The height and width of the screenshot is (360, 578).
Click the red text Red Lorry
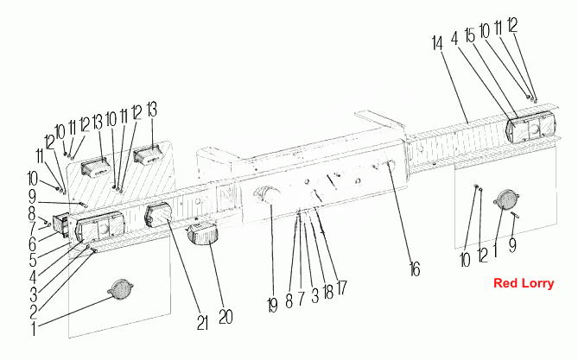524,283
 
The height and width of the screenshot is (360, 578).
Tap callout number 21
202,323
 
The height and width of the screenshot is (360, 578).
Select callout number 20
225,317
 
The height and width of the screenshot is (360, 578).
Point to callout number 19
272,306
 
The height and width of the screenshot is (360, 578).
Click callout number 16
415,269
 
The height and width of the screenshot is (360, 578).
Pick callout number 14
437,43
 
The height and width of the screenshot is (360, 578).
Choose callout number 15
470,35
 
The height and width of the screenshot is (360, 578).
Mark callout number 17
342,287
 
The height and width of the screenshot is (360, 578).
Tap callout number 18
327,292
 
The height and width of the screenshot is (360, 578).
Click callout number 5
33,260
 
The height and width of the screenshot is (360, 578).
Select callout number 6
33,243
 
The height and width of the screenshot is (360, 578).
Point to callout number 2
33,313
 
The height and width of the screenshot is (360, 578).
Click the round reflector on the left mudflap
121,289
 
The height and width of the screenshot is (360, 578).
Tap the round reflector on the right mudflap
506,199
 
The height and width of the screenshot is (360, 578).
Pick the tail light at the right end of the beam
531,128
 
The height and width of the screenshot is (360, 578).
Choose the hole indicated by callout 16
389,163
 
